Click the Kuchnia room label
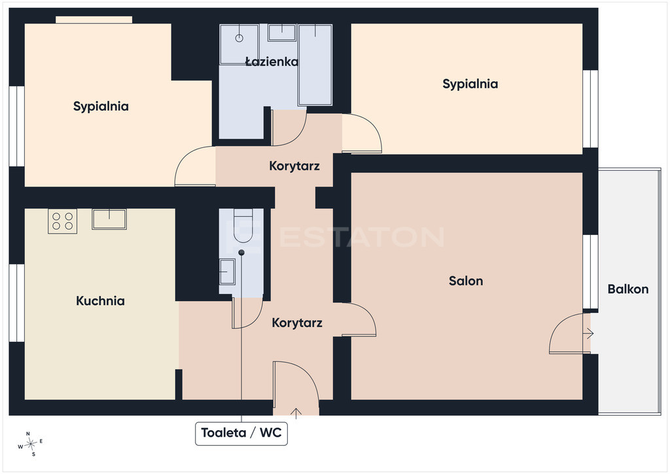tap(100, 301)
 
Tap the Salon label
tap(466, 281)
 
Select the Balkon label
tap(627, 289)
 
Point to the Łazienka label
tap(272, 62)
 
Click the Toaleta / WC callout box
tap(241, 433)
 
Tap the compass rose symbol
tap(31, 445)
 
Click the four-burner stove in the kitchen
tap(62, 221)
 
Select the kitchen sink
tap(109, 219)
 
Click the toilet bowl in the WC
tap(243, 226)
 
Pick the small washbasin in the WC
tap(227, 272)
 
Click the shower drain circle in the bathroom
tap(239, 38)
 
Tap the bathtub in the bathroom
tap(315, 65)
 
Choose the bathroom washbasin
tap(282, 33)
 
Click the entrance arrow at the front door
tap(296, 412)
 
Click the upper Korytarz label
tap(294, 166)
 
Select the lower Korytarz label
tap(297, 323)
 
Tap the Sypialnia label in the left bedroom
tap(101, 106)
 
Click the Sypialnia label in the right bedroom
tap(470, 84)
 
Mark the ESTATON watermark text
tap(361, 237)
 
